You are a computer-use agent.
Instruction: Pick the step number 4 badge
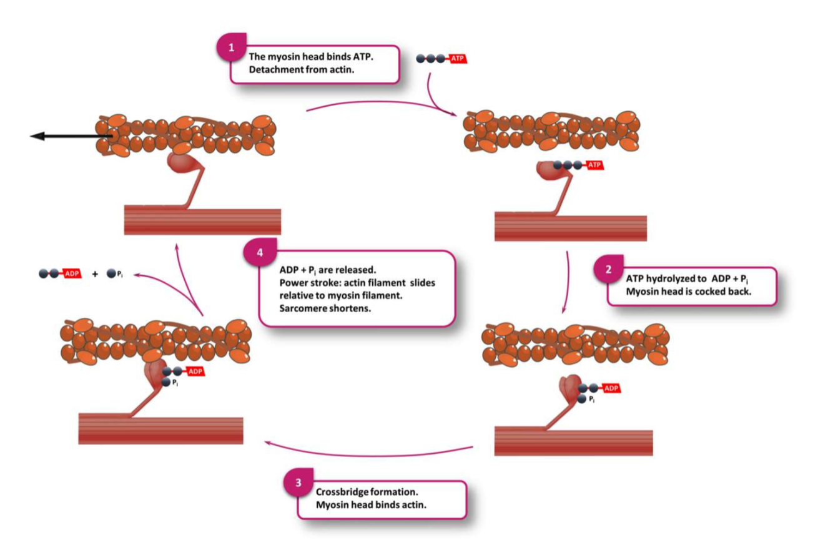(x=259, y=253)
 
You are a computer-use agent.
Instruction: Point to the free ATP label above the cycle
(x=458, y=59)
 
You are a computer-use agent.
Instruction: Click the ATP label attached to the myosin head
(x=594, y=165)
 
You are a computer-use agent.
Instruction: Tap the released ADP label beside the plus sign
(x=72, y=273)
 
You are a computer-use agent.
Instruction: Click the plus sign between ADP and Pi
(x=95, y=274)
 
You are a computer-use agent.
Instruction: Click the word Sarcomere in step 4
(x=302, y=310)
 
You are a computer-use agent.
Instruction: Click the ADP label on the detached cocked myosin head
(x=612, y=388)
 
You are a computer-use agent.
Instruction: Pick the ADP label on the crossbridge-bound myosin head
(x=195, y=371)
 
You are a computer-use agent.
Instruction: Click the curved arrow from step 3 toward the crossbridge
(x=368, y=451)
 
